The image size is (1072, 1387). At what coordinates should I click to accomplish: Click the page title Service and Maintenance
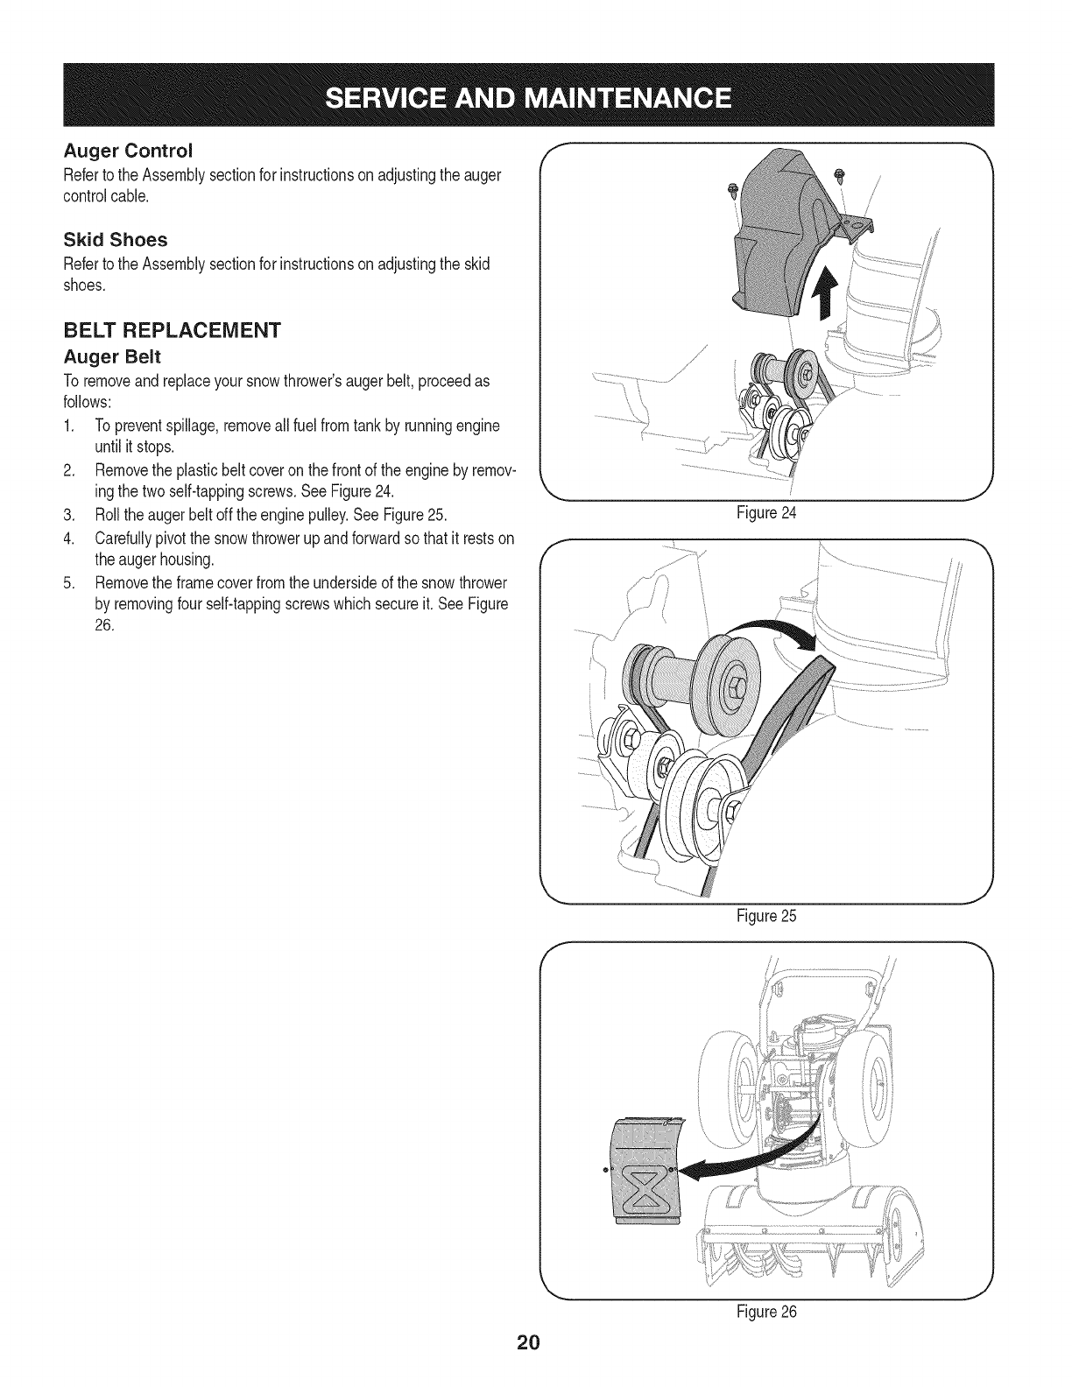535,95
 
